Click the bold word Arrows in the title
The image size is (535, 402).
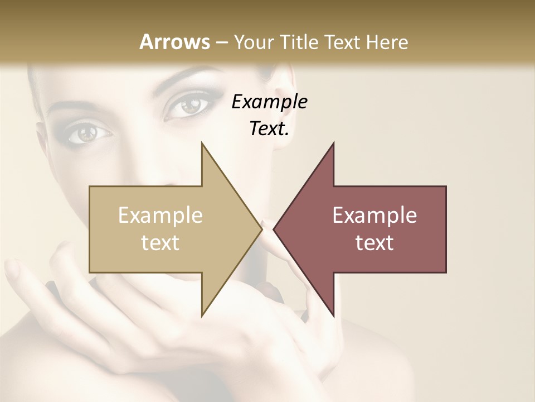coord(174,42)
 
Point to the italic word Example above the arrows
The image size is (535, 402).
coord(269,102)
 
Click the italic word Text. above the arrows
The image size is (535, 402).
coord(269,129)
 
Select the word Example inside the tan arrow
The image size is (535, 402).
coord(160,216)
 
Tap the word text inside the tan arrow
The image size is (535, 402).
coord(160,243)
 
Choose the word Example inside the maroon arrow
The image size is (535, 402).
coord(374,216)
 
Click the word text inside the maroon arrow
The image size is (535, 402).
coord(374,243)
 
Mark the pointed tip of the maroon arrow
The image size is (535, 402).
coord(274,229)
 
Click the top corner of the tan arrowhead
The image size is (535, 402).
coord(202,143)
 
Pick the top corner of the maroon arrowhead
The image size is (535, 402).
coord(334,143)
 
